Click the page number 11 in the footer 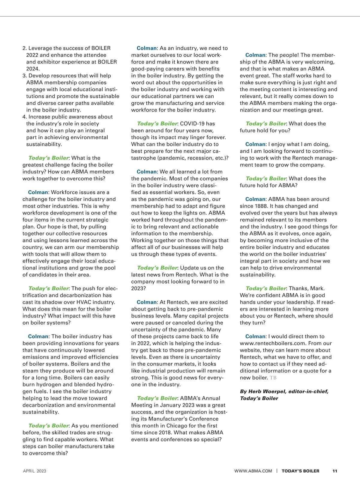click(x=334, y=471)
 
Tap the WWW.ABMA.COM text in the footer click(x=253, y=471)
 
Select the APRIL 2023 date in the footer click(x=34, y=471)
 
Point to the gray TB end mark click(x=273, y=378)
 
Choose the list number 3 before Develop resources click(x=25, y=76)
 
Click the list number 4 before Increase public click(x=25, y=117)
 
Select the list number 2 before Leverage click(x=25, y=48)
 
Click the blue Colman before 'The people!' click(x=255, y=55)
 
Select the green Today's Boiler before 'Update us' click(x=157, y=268)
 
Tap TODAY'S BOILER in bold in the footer click(x=300, y=471)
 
